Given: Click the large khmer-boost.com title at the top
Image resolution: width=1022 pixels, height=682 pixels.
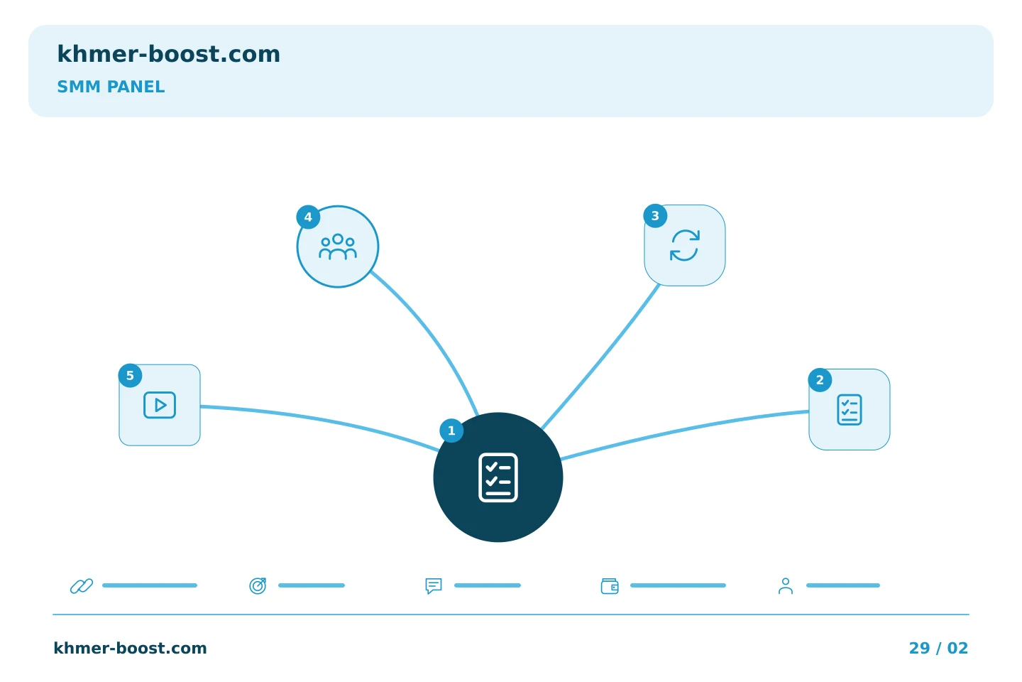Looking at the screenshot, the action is (x=168, y=54).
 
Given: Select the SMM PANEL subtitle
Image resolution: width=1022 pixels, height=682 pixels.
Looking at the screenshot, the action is (x=111, y=87).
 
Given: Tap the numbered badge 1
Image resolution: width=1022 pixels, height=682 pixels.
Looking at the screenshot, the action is (x=451, y=431).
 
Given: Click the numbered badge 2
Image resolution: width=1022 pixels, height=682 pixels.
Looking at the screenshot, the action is (x=820, y=380).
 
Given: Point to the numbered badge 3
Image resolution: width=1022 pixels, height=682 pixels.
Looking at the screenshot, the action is (x=655, y=216).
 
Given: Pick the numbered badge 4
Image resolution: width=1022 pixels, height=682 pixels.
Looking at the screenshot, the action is (x=308, y=217).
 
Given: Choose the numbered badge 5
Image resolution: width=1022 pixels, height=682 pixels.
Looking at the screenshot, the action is (x=130, y=376).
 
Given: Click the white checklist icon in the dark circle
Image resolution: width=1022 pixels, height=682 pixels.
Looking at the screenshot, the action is (x=498, y=477).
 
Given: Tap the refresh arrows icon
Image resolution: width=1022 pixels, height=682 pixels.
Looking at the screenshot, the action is (x=684, y=246).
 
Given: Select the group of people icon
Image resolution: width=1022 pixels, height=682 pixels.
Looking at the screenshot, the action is (x=338, y=247).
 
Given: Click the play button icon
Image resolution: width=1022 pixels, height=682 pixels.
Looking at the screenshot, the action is (x=160, y=405).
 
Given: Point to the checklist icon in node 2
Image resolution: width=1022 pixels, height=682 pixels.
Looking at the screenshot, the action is (x=849, y=410).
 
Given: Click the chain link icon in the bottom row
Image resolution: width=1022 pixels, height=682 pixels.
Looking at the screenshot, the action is (x=82, y=585).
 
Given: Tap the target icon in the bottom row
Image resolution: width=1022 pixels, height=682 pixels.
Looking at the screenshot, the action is (x=258, y=585).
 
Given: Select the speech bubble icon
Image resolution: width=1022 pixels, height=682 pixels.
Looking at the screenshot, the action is (x=434, y=585).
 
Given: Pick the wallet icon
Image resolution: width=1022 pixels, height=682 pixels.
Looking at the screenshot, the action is (x=610, y=586).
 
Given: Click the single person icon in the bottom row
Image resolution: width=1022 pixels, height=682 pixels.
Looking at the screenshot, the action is (x=785, y=586).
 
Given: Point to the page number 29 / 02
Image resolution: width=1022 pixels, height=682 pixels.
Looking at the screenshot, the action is (x=938, y=648).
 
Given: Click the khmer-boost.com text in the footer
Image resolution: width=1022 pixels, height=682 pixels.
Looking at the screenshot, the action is (x=130, y=648).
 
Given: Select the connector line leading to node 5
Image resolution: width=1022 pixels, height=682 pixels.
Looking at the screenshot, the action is (x=320, y=421).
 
